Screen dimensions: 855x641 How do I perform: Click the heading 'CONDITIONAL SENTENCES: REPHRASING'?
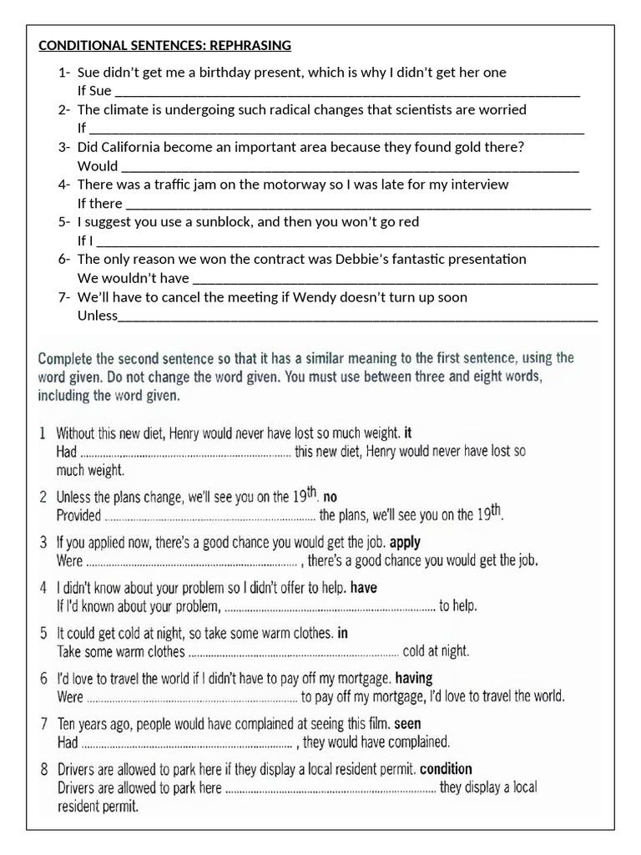pyautogui.click(x=164, y=45)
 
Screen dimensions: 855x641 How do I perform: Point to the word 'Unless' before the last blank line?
pyautogui.click(x=98, y=316)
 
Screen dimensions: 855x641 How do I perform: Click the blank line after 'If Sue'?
pyautogui.click(x=346, y=93)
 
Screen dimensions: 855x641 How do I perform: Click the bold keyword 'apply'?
pyautogui.click(x=406, y=542)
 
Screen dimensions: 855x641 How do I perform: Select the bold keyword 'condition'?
pyautogui.click(x=446, y=768)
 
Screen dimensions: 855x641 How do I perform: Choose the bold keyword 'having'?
pyautogui.click(x=414, y=678)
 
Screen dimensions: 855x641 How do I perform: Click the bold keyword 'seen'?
pyautogui.click(x=407, y=723)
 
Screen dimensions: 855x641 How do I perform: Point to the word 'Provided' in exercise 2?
pyautogui.click(x=78, y=515)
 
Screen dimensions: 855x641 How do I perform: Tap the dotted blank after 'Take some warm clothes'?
pyautogui.click(x=294, y=651)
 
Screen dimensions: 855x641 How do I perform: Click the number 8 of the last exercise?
pyautogui.click(x=43, y=768)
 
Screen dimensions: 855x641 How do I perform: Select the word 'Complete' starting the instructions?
pyautogui.click(x=66, y=358)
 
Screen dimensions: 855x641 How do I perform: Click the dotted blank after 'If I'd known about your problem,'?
pyautogui.click(x=331, y=606)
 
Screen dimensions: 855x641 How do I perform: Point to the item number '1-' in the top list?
pyautogui.click(x=64, y=73)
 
